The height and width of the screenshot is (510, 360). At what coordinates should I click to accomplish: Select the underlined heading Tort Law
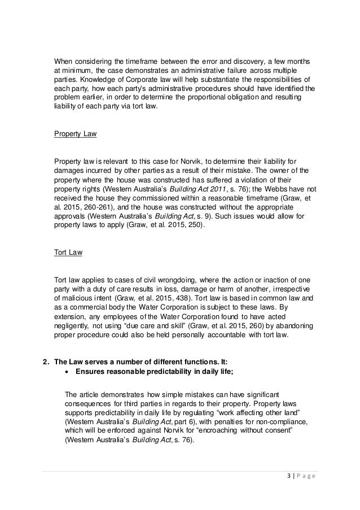(68, 252)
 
